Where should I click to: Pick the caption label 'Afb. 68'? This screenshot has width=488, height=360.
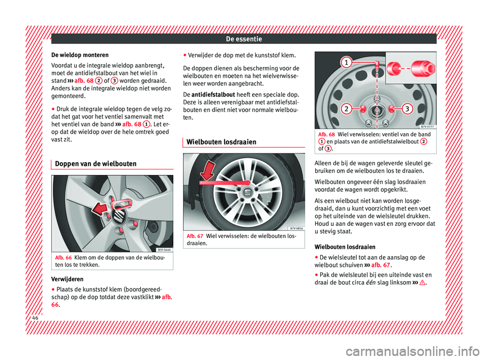pos(325,134)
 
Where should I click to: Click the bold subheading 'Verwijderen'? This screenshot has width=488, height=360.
pos(68,279)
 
